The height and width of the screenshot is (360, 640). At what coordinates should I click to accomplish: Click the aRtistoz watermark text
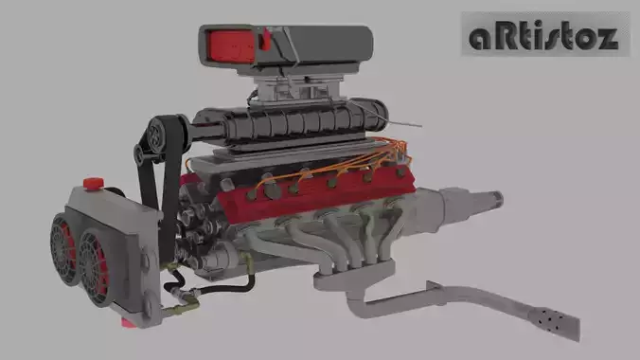(543, 36)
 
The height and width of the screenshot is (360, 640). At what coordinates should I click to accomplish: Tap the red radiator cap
(94, 180)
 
